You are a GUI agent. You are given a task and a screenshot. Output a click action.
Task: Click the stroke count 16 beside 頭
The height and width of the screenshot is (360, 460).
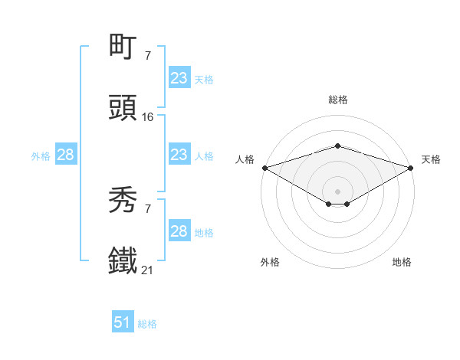(x=148, y=117)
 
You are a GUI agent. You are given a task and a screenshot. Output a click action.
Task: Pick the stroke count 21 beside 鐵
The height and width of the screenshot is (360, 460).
(x=148, y=270)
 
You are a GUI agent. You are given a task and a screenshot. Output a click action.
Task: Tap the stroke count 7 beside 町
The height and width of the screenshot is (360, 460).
(x=147, y=56)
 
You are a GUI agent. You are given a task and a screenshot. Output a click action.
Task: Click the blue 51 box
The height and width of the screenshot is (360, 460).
(x=123, y=322)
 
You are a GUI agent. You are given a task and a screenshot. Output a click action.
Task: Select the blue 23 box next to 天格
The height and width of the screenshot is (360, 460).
(x=179, y=78)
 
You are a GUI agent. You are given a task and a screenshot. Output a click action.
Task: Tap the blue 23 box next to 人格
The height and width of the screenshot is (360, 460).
(x=179, y=155)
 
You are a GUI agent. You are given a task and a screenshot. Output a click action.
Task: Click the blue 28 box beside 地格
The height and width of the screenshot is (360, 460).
(x=179, y=231)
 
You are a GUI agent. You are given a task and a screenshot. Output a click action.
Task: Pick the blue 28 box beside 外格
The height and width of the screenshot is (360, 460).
(x=66, y=155)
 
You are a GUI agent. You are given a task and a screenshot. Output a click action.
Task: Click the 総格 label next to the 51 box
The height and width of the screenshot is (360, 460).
(x=147, y=324)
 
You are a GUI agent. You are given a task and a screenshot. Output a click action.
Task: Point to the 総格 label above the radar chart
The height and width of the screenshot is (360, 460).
(x=337, y=100)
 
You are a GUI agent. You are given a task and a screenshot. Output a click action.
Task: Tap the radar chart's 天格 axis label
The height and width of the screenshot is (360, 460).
(x=431, y=159)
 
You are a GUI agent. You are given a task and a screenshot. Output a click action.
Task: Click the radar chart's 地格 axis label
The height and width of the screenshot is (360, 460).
(x=402, y=263)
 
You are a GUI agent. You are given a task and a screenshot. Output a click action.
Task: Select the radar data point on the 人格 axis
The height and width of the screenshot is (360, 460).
(x=264, y=167)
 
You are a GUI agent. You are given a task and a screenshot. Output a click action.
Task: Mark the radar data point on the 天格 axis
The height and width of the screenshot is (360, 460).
(x=411, y=167)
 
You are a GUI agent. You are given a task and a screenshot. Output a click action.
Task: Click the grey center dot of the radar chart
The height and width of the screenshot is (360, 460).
(x=337, y=191)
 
